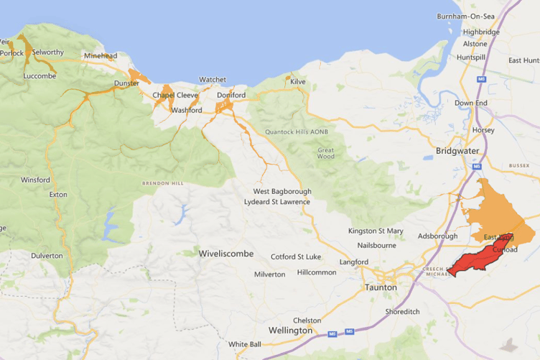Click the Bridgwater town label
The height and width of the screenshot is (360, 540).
coord(458,152)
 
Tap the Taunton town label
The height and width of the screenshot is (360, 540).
coord(381,287)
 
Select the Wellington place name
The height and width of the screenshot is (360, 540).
coord(290,331)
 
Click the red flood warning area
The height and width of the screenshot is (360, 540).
coord(477,260)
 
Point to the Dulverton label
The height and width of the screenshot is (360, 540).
coord(47,255)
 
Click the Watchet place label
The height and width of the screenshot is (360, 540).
coord(212,80)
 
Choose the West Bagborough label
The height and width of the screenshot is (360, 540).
coord(282,192)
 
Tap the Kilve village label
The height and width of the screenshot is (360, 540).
coord(298,82)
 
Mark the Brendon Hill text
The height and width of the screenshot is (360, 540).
coord(162,183)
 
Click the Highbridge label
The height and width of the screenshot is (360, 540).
coord(481,32)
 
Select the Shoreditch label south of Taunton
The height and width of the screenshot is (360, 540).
coord(402,312)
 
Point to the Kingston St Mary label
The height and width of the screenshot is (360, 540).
coord(376,231)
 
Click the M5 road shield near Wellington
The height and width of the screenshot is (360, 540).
coord(332,334)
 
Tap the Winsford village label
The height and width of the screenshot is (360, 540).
coord(35,180)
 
